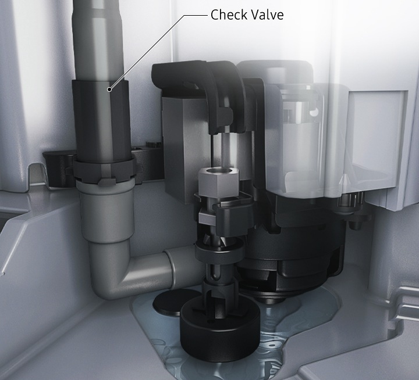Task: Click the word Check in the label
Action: click(229, 15)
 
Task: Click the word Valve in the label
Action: click(267, 15)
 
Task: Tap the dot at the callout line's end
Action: click(109, 89)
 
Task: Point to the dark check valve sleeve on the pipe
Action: click(101, 120)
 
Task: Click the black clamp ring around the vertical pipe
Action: click(104, 170)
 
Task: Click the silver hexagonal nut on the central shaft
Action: click(218, 181)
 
